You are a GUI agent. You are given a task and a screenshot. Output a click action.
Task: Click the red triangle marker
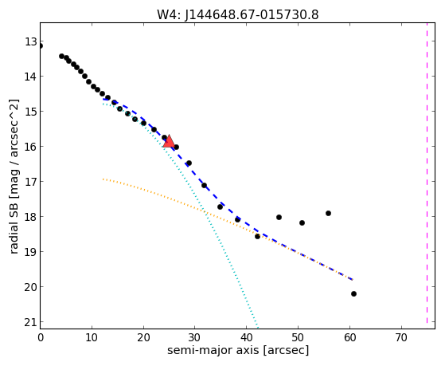tap(169, 142)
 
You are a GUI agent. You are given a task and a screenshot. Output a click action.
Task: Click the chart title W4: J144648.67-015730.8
tap(238, 15)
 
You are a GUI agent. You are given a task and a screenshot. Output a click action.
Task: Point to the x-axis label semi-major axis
tap(213, 350)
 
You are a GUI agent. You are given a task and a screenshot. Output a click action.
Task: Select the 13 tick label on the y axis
tap(31, 41)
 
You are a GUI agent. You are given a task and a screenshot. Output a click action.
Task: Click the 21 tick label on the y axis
tap(31, 322)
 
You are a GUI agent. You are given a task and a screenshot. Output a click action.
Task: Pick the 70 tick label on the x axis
tap(401, 337)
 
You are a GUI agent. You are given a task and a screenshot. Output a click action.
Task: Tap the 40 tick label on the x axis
tap(246, 337)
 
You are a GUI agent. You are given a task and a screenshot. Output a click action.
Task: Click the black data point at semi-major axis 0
tap(41, 45)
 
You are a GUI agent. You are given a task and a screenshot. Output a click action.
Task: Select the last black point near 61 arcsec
tap(353, 293)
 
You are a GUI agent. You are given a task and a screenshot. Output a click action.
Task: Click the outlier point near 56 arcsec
tap(328, 213)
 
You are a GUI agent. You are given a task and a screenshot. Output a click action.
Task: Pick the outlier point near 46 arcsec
tap(279, 217)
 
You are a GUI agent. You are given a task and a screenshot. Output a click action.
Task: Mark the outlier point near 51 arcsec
tap(302, 222)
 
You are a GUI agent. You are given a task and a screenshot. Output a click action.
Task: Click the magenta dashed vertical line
tap(427, 173)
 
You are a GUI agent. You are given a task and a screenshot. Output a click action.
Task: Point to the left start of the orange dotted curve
tap(103, 179)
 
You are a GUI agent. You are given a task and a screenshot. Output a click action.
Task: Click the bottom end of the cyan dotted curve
tap(258, 327)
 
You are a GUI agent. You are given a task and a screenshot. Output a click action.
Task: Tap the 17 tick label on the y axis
tap(31, 182)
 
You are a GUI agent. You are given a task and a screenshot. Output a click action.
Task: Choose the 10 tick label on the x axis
tap(92, 337)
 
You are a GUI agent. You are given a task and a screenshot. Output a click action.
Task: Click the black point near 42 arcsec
tap(257, 236)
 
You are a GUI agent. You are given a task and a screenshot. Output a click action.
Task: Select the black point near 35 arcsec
tap(220, 207)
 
